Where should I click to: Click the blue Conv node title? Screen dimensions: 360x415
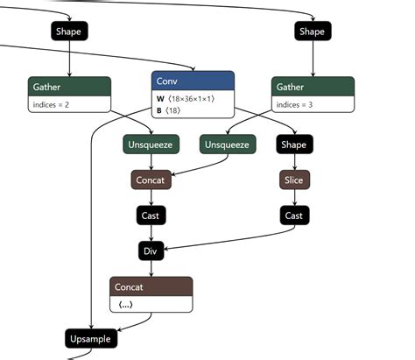coord(193,81)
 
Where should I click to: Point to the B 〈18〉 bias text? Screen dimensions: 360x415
coord(170,111)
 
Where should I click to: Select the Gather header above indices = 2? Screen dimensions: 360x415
coord(68,87)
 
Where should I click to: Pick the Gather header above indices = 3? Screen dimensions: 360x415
coord(313,87)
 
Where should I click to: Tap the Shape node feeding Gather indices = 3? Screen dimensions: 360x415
coord(312,31)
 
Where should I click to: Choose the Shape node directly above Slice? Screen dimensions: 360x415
coord(293,144)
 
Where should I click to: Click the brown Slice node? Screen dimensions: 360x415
coord(293,180)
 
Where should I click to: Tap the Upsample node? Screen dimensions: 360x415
coord(91,338)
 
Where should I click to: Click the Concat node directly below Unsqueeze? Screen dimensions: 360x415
coord(151,180)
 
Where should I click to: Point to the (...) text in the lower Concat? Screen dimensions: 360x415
coord(126,304)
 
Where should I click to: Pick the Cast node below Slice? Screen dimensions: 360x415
coord(293,215)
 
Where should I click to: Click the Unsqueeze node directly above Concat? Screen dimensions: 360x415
coord(151,144)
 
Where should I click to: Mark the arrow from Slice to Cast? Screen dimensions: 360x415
coord(293,197)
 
